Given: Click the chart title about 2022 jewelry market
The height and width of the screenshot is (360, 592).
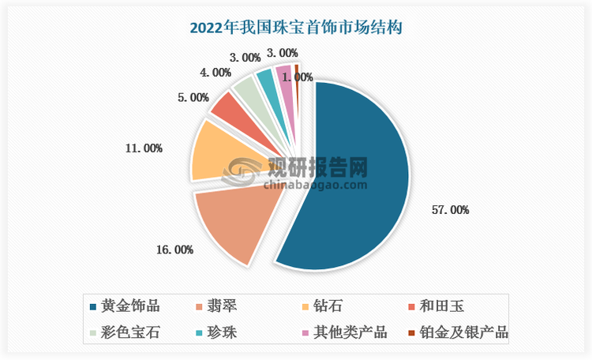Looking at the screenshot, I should point(296,28).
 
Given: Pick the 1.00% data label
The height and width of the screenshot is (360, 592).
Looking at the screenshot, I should point(298,77).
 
